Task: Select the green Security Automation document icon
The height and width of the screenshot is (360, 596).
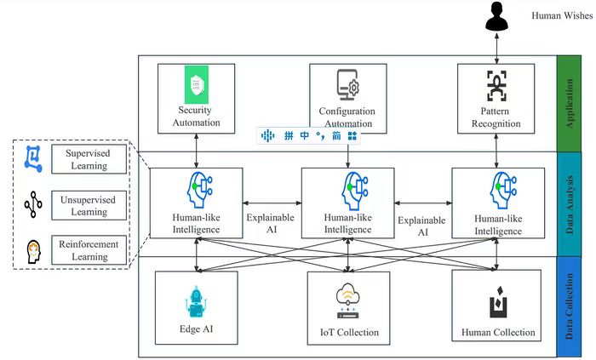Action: [197, 84]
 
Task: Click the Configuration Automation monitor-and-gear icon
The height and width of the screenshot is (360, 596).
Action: [348, 87]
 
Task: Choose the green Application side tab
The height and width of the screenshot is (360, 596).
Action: [569, 103]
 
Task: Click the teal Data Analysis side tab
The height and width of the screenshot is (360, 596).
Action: [569, 203]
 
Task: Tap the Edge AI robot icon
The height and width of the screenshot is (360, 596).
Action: [197, 301]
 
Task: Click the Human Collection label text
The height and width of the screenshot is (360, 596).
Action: [498, 333]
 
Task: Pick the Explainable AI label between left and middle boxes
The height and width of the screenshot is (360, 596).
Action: [271, 223]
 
